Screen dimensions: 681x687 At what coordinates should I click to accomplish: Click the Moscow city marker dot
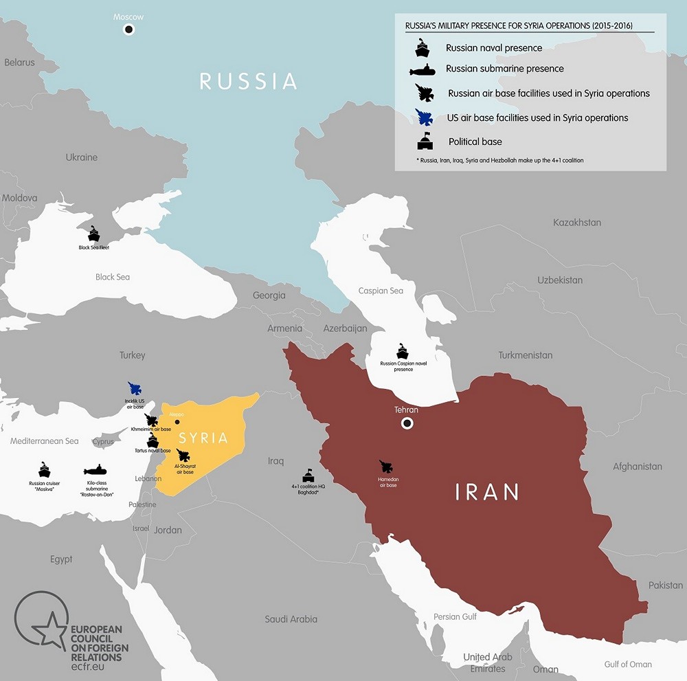pyautogui.click(x=128, y=29)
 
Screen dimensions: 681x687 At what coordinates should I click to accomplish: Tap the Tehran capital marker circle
pyautogui.click(x=407, y=423)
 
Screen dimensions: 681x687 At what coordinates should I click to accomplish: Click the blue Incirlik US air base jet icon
pyautogui.click(x=135, y=389)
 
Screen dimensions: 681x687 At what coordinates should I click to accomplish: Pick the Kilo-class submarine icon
pyautogui.click(x=95, y=471)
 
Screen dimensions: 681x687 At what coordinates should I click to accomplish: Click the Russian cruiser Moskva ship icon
pyautogui.click(x=45, y=470)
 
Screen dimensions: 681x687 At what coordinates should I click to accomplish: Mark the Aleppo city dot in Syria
pyautogui.click(x=177, y=422)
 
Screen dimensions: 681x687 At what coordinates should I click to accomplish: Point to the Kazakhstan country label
pyautogui.click(x=576, y=223)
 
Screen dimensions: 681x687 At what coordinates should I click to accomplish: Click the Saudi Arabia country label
pyautogui.click(x=291, y=619)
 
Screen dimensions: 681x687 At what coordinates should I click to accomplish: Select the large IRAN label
pyautogui.click(x=487, y=492)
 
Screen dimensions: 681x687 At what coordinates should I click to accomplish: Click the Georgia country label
pyautogui.click(x=269, y=295)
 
